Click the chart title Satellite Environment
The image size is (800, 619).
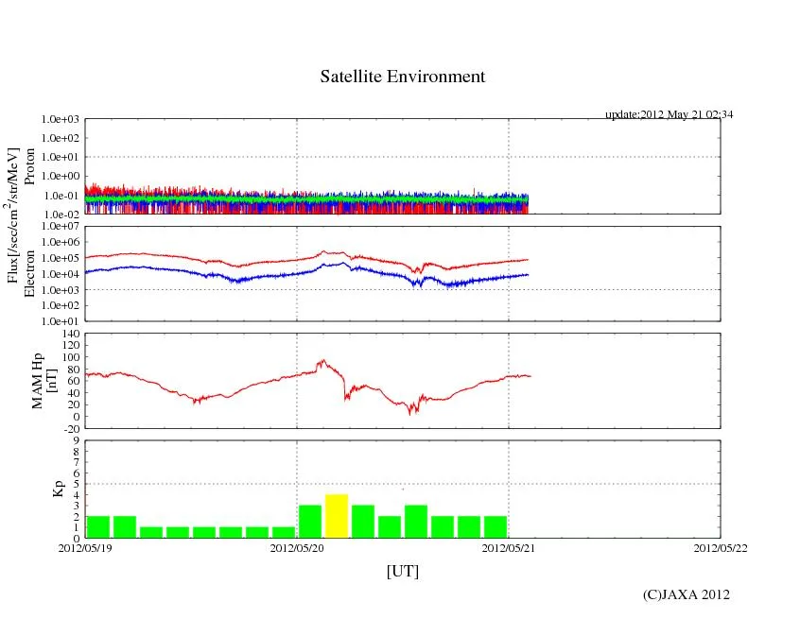(402, 77)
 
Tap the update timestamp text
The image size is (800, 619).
(669, 114)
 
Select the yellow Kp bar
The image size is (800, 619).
(337, 515)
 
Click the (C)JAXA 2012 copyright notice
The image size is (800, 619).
(686, 594)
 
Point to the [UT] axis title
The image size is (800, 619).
(402, 571)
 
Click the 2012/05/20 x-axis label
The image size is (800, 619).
(297, 547)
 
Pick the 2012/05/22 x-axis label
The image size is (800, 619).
(720, 547)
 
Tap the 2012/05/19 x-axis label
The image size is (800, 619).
(85, 547)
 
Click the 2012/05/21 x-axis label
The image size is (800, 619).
(509, 547)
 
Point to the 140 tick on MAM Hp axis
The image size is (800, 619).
(69, 334)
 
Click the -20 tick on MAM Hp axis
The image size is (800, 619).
(69, 428)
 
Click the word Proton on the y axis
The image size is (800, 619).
(30, 166)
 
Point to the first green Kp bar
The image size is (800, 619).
(98, 526)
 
